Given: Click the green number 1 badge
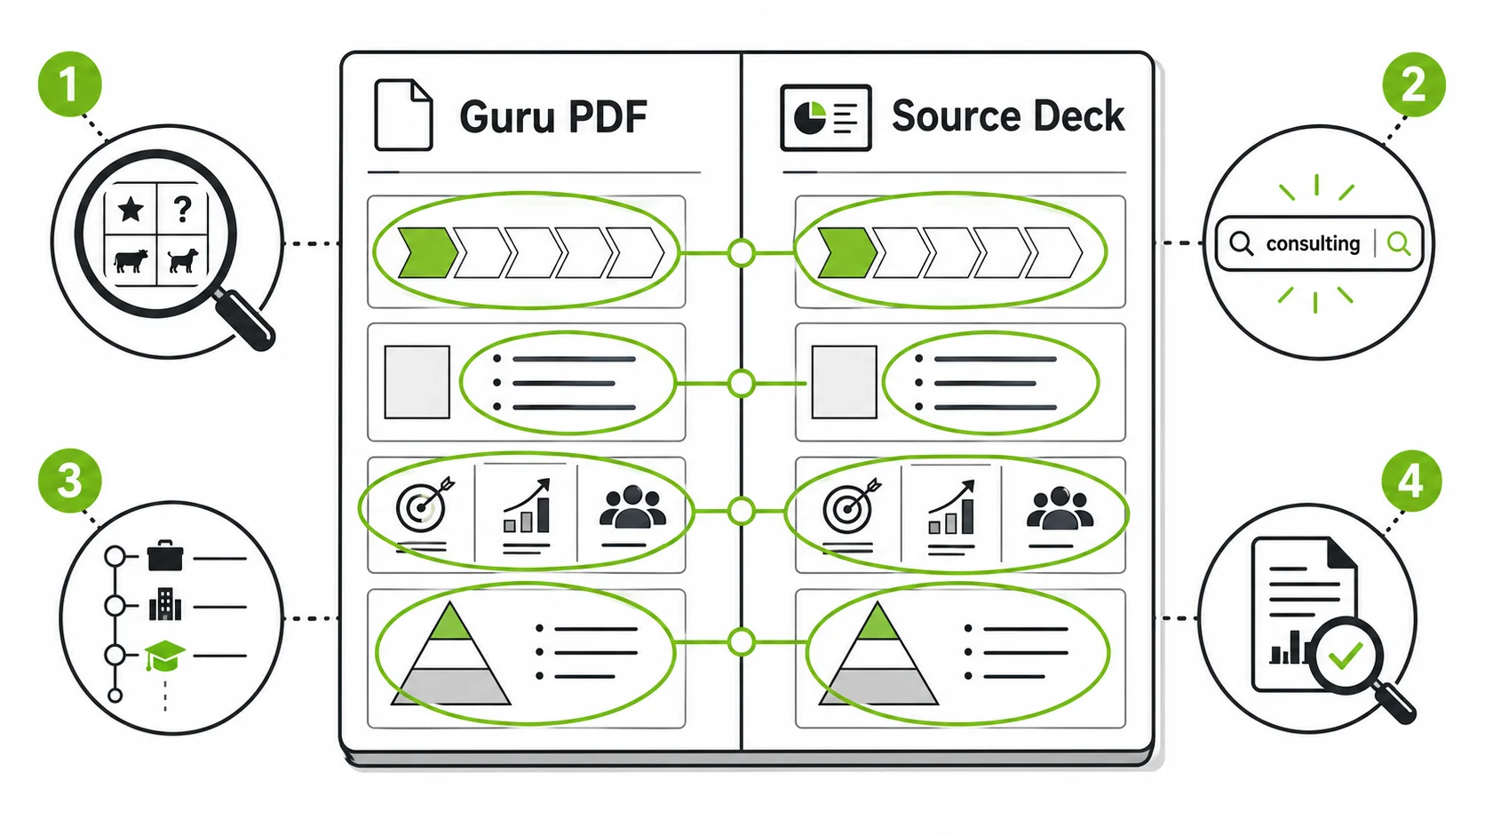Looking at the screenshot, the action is pyautogui.click(x=69, y=84).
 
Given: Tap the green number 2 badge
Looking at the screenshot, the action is pyautogui.click(x=1414, y=84).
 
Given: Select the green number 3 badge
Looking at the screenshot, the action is pyautogui.click(x=69, y=481).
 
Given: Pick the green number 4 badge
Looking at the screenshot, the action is pyautogui.click(x=1411, y=482).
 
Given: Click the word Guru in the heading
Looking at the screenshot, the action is pyautogui.click(x=507, y=116).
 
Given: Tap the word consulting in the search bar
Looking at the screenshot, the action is pyautogui.click(x=1313, y=244).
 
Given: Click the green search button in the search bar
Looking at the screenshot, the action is pyautogui.click(x=1398, y=243).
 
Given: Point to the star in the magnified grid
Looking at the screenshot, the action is pyautogui.click(x=131, y=210).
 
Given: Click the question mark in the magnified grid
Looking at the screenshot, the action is pyautogui.click(x=182, y=210).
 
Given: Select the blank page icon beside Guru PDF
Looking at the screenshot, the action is pyautogui.click(x=404, y=115).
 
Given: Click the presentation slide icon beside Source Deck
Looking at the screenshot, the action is pyautogui.click(x=825, y=117).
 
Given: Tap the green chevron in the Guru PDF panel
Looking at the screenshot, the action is pyautogui.click(x=427, y=252).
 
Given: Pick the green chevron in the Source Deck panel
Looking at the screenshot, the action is pyautogui.click(x=847, y=252).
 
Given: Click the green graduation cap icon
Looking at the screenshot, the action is pyautogui.click(x=164, y=656).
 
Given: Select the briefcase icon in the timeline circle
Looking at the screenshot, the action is pyautogui.click(x=165, y=555).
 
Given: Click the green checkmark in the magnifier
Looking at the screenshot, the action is pyautogui.click(x=1346, y=655).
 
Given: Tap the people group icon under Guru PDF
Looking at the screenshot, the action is pyautogui.click(x=632, y=507).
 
